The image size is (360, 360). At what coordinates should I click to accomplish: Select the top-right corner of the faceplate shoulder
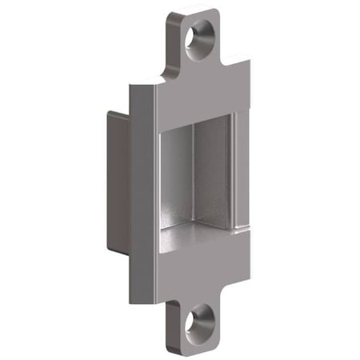tap(248, 60)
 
